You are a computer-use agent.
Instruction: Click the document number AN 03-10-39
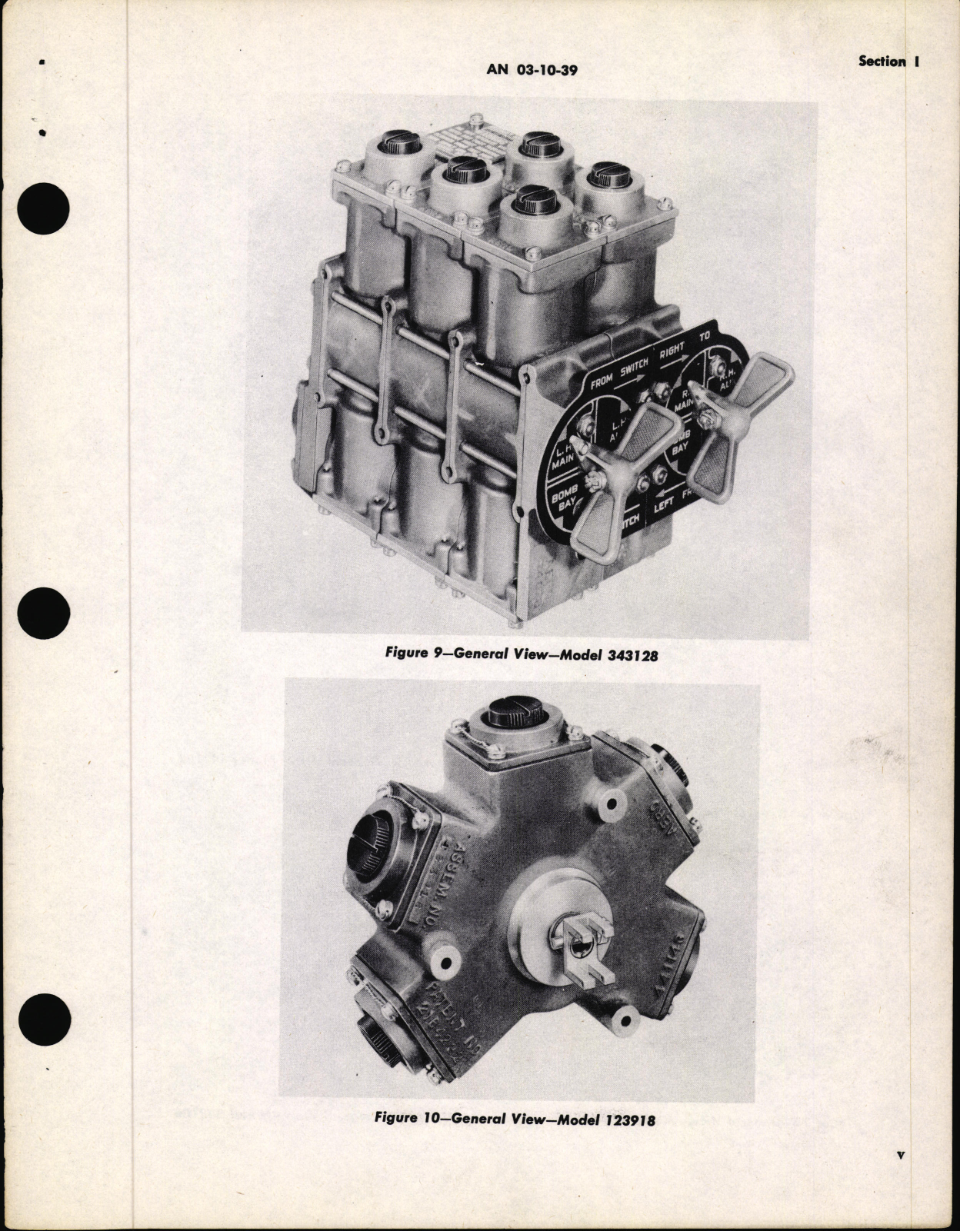532,70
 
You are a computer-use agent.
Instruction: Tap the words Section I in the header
889,62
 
